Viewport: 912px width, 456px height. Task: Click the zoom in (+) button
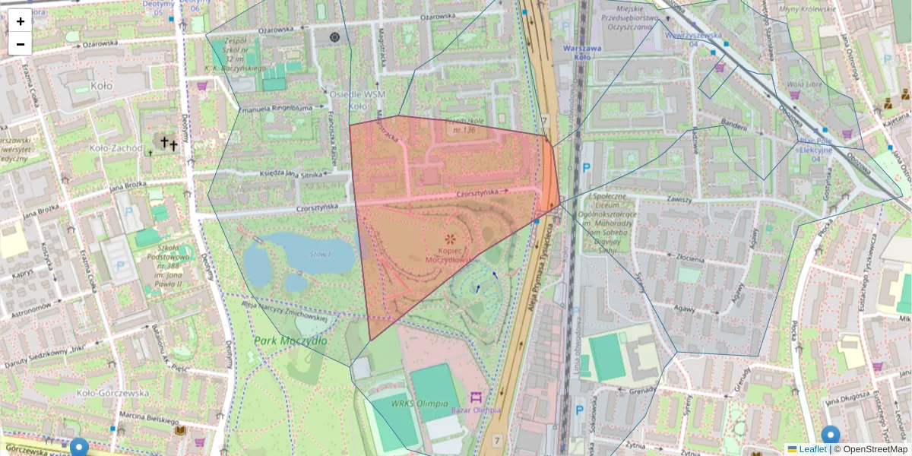pyautogui.click(x=21, y=21)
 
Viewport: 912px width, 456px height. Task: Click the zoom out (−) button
pyautogui.click(x=21, y=44)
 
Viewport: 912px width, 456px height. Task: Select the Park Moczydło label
pyautogui.click(x=290, y=340)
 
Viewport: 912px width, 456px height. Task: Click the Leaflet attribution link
pyautogui.click(x=812, y=449)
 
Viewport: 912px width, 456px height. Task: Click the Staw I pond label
pyautogui.click(x=319, y=253)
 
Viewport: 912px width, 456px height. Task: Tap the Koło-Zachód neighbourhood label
pyautogui.click(x=115, y=148)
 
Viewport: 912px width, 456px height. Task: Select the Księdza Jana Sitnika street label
pyautogui.click(x=291, y=176)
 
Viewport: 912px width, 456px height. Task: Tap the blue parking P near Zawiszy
pyautogui.click(x=586, y=168)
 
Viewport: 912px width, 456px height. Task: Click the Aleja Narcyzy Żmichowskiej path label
pyautogui.click(x=284, y=312)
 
